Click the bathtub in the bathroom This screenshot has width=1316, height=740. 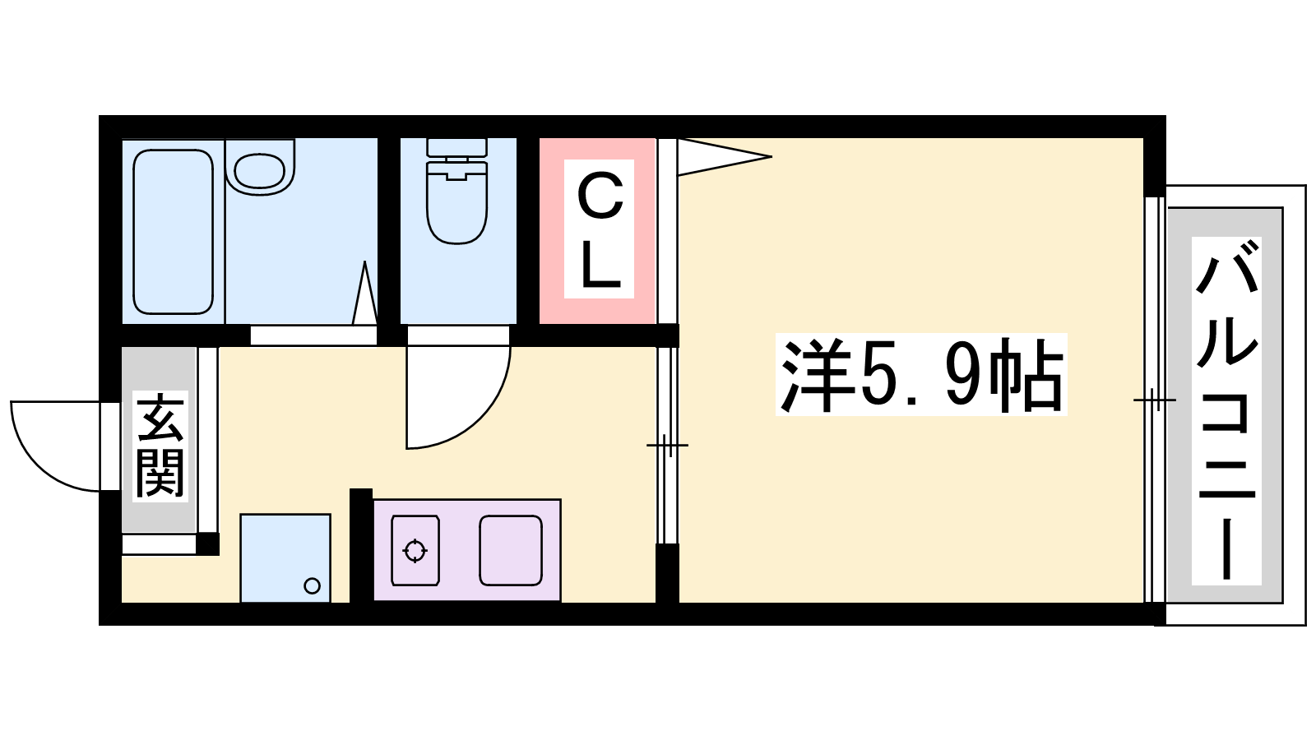pos(173,231)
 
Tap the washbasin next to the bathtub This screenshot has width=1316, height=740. pos(260,169)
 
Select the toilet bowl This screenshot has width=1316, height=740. pos(457,201)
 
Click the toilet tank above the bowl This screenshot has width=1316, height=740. pos(457,147)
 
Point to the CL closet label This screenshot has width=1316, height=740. pos(600,229)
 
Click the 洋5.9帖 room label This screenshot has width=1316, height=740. pos(921,375)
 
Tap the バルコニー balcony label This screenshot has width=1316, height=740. pos(1226,410)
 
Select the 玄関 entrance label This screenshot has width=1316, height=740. pos(160,446)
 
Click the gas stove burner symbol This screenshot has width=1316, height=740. pos(415,551)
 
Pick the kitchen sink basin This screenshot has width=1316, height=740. pos(511,551)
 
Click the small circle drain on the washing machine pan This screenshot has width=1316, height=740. pos(312,585)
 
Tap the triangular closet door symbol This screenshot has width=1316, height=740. pos(724,157)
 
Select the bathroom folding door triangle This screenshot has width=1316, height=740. pos(365,293)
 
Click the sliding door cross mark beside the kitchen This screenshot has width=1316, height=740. pos(667,445)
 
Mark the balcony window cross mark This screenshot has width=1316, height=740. pos(1155,400)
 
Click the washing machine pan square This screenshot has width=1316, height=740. pos(285,558)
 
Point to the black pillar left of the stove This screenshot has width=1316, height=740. pos(361,546)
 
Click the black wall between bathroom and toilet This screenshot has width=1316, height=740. pos(388,241)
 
